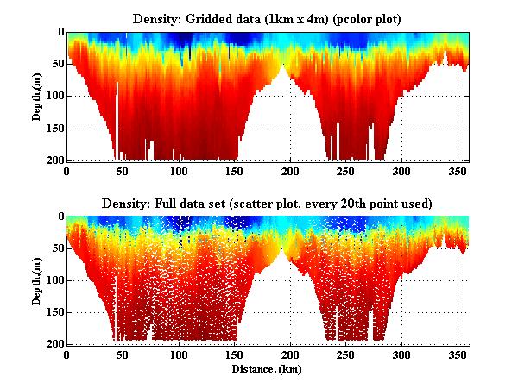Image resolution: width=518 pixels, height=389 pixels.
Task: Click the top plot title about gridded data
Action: pos(268,17)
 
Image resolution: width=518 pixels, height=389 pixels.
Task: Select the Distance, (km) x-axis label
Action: pos(268,368)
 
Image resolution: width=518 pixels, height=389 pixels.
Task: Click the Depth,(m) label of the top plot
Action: pos(37,97)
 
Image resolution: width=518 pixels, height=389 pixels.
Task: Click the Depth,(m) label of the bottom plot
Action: pos(37,280)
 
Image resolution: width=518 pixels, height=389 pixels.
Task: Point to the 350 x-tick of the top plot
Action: pos(457,170)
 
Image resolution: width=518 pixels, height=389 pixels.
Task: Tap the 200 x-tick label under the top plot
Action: pos(290,170)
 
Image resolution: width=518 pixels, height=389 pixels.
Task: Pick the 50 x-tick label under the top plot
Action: pos(123,170)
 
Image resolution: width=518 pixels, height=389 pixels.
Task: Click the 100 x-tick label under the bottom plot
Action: pos(178,354)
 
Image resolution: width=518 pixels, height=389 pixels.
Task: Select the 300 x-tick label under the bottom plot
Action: pos(401,354)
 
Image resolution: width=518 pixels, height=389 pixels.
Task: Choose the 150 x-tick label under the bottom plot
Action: pos(234,354)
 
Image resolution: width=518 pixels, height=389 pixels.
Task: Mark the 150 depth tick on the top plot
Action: pos(54,129)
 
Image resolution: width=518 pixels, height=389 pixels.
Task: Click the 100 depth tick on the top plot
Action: pos(54,97)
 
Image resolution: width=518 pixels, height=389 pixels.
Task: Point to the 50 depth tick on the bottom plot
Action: pos(56,248)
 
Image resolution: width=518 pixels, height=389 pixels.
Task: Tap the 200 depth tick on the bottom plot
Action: pos(54,344)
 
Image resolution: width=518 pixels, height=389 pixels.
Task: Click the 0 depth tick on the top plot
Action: pos(60,32)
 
